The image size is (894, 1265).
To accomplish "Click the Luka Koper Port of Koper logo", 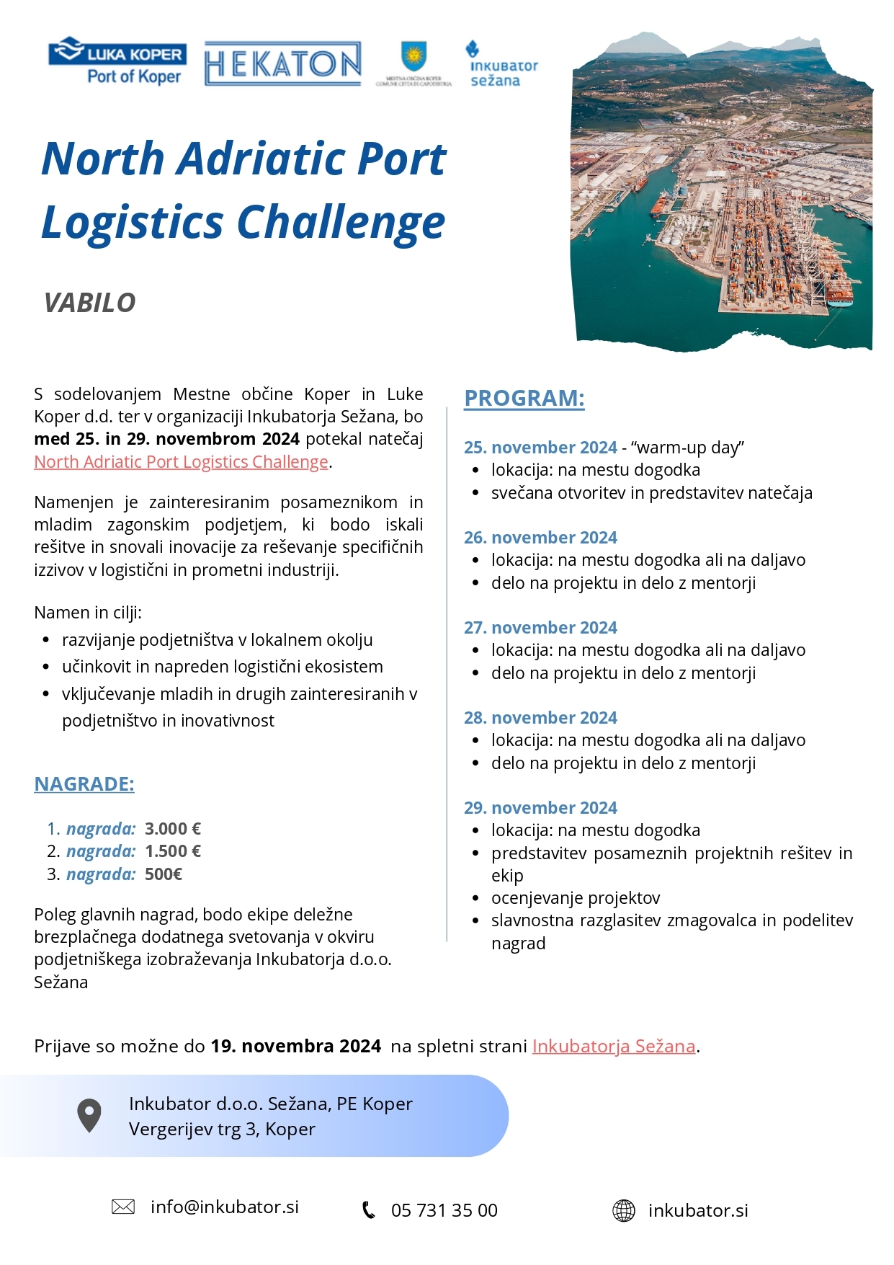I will [117, 62].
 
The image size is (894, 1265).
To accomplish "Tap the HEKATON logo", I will [282, 63].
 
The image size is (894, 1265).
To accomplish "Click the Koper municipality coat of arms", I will [414, 61].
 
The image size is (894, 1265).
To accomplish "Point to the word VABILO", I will [89, 303].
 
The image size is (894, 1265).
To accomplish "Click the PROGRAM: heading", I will [524, 398].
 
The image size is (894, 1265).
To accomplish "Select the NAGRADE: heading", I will [84, 784].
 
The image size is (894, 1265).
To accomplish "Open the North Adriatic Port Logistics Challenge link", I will [181, 461].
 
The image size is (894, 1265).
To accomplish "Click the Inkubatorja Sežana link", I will [613, 1046].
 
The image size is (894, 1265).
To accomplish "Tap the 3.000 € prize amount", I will [173, 829].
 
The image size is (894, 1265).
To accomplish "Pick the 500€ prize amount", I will [164, 874].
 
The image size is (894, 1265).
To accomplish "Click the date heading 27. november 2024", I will [540, 628].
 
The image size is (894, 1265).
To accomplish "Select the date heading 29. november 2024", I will [540, 808].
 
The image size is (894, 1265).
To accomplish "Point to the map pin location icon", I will [89, 1115].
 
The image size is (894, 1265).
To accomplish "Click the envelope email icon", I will [123, 1207].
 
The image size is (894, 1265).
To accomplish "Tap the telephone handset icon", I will [368, 1210].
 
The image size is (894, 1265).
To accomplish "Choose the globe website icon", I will [624, 1210].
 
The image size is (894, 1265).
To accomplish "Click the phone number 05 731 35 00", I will [444, 1210].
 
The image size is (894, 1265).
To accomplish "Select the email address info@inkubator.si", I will [225, 1207].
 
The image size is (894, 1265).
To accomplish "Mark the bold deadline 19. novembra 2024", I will [295, 1046].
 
